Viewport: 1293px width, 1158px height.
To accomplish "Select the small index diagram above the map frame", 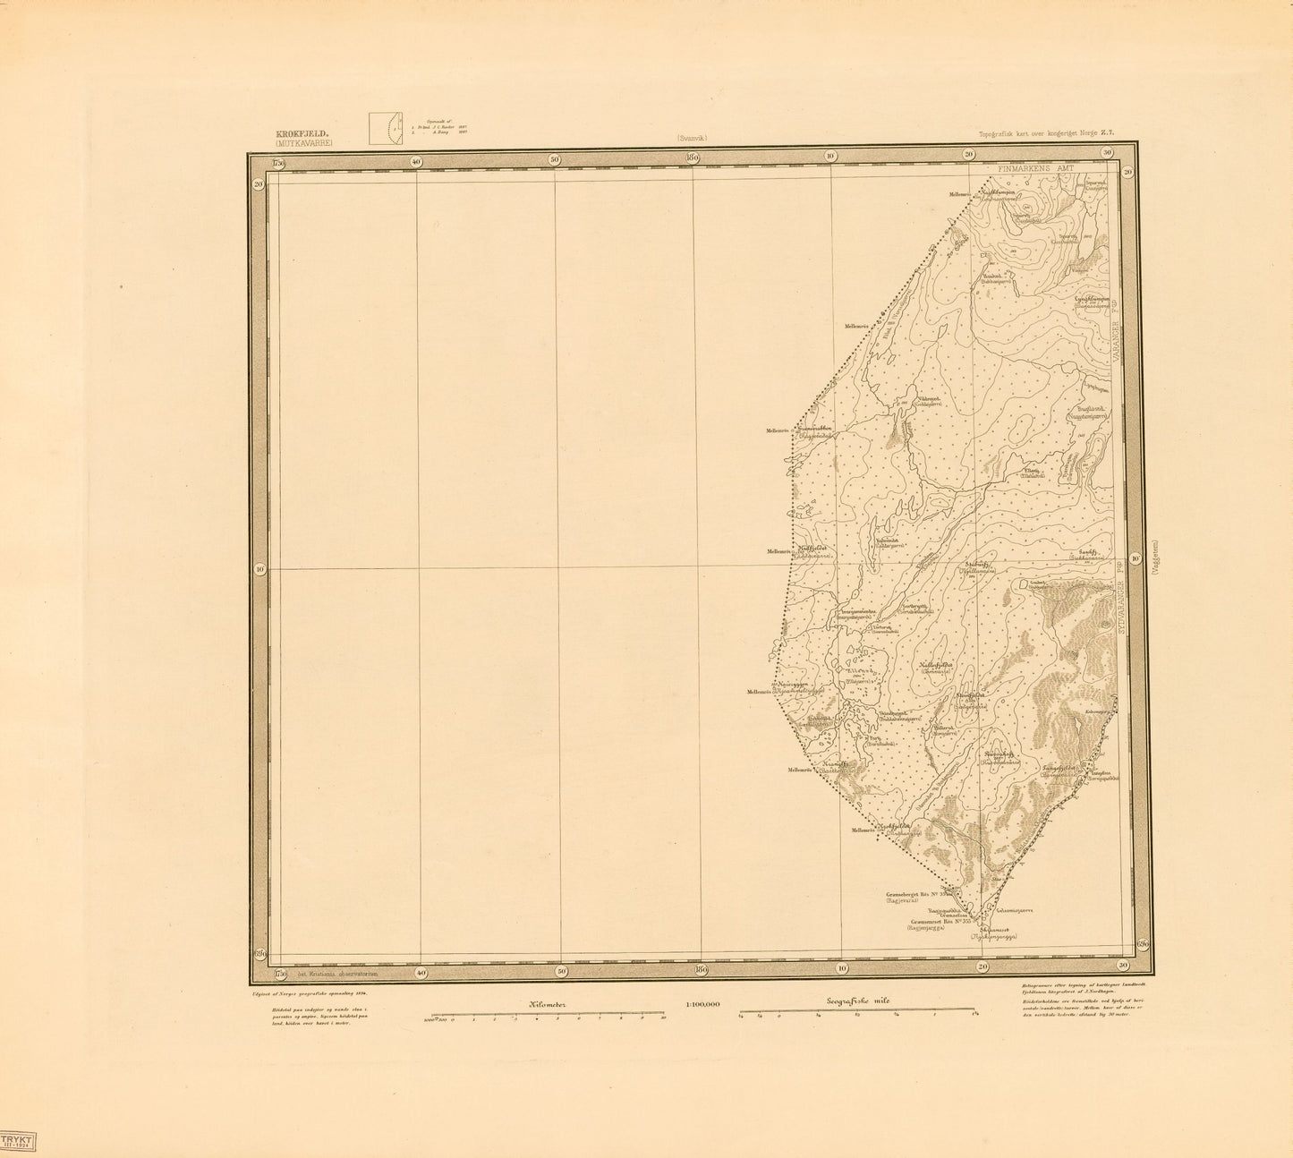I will click(386, 127).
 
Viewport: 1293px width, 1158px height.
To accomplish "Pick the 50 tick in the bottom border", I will click(560, 971).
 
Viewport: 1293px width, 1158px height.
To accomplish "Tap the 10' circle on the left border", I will click(259, 568).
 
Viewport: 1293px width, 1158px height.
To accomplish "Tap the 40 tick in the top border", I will click(416, 160).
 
